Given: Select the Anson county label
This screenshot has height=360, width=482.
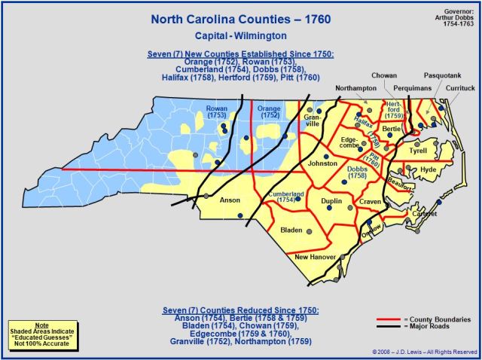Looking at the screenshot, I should click(229, 201).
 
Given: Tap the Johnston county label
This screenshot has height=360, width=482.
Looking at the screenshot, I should click(322, 163).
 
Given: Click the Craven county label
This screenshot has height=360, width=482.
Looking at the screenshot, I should click(370, 203).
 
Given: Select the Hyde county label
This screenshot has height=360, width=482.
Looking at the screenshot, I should click(428, 171).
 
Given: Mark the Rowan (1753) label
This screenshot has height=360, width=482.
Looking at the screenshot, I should click(217, 112).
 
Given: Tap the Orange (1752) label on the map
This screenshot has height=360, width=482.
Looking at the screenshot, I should click(270, 112).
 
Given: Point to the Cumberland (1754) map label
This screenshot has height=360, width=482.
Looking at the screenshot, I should click(279, 196).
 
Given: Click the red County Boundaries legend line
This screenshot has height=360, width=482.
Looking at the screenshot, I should click(391, 319).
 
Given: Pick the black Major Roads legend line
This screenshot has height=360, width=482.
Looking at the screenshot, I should click(391, 326).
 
